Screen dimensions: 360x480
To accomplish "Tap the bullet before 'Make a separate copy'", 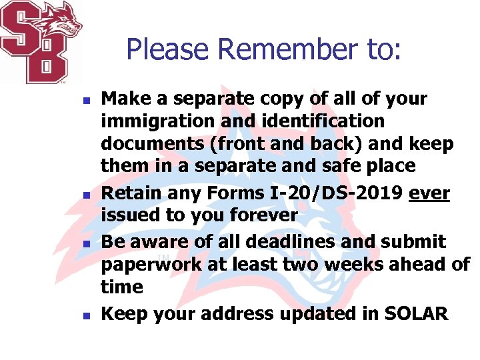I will pos(85,100).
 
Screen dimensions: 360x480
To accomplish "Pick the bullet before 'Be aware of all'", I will pos(85,242).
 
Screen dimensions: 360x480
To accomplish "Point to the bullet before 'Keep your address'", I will pos(85,314).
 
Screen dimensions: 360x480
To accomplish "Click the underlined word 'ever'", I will pos(430,193).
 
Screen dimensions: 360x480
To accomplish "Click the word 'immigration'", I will pos(159,122).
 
